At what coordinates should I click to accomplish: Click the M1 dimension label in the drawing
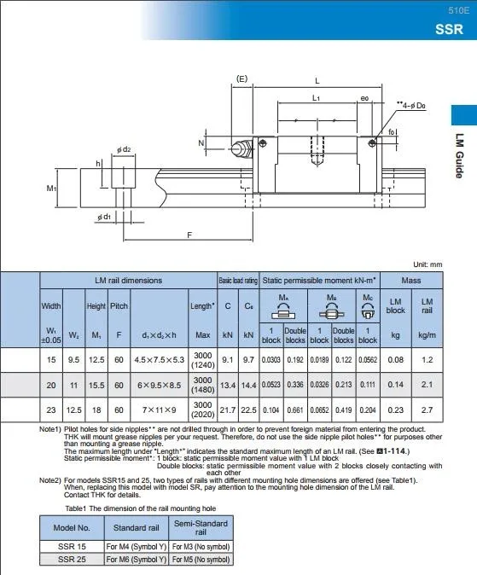tap(51, 187)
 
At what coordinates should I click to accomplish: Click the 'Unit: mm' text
tap(428, 265)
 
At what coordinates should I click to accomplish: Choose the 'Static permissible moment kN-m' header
tap(319, 280)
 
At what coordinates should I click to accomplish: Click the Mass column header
tap(411, 280)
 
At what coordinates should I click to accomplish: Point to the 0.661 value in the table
tap(295, 409)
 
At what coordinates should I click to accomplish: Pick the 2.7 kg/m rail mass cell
tap(428, 409)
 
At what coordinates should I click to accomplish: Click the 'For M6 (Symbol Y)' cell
tap(135, 559)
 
